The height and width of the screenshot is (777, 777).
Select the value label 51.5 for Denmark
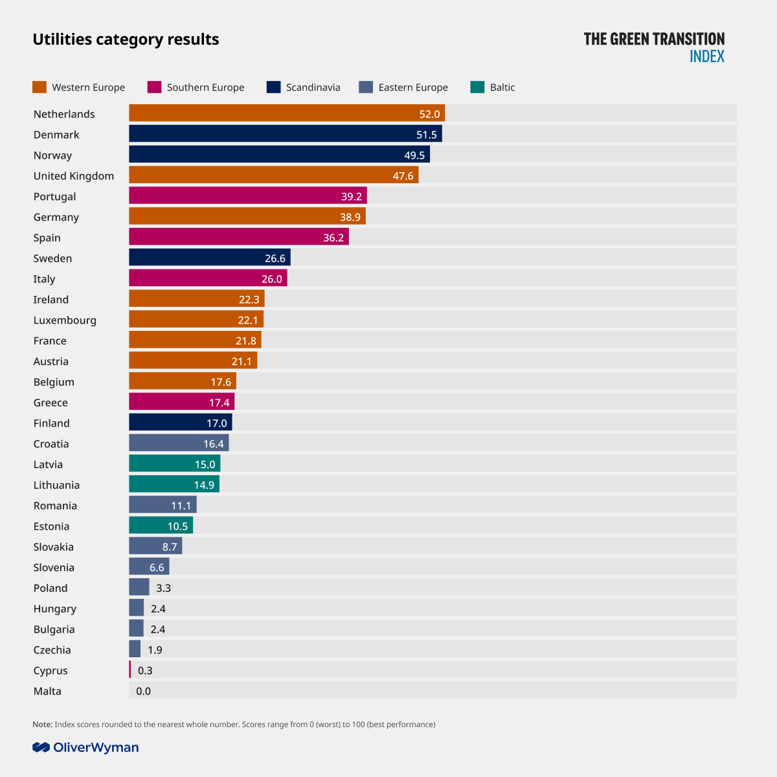(x=427, y=135)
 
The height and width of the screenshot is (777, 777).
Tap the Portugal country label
(x=55, y=196)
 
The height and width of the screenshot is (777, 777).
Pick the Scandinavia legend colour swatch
(x=273, y=87)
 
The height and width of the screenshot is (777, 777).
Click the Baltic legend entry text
(x=502, y=87)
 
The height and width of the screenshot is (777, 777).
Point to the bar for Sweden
(x=209, y=258)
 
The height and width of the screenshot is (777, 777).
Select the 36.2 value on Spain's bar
(x=333, y=238)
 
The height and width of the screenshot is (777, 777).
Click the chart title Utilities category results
(x=126, y=39)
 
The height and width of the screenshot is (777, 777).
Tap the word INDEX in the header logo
(x=707, y=56)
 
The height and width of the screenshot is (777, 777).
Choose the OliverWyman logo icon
(x=41, y=747)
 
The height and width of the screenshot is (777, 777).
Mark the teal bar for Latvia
(x=174, y=464)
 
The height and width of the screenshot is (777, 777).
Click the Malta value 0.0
(x=143, y=691)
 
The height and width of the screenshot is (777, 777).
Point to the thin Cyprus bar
(x=130, y=670)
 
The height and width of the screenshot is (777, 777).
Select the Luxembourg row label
(x=65, y=320)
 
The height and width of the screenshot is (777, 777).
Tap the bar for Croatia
(x=179, y=443)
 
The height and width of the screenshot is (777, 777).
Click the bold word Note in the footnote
(x=42, y=725)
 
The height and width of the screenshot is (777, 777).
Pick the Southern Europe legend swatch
(x=154, y=87)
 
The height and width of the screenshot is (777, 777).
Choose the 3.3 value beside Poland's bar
(x=163, y=588)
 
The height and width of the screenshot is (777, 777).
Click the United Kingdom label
(x=74, y=175)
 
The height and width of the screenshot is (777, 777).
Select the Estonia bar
(x=161, y=525)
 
